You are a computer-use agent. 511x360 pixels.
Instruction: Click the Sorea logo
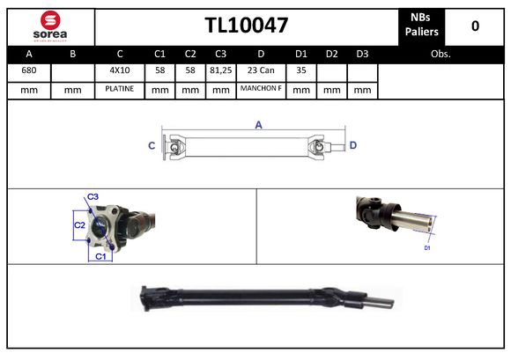pyautogui.click(x=50, y=26)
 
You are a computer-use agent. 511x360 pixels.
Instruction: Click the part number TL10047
pyautogui.click(x=247, y=26)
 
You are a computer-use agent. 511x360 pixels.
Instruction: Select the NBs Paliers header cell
pyautogui.click(x=422, y=26)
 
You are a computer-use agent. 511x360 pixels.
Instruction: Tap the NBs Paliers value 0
pyautogui.click(x=475, y=26)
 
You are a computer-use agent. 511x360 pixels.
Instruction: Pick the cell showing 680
pyautogui.click(x=29, y=70)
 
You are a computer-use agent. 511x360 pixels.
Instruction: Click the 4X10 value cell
pyautogui.click(x=119, y=70)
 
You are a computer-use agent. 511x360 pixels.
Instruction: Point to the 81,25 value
pyautogui.click(x=220, y=70)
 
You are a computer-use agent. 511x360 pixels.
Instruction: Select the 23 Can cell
pyautogui.click(x=261, y=70)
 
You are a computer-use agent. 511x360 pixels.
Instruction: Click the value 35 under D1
pyautogui.click(x=300, y=70)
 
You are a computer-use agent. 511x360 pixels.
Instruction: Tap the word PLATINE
pyautogui.click(x=119, y=89)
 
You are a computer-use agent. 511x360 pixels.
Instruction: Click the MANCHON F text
pyautogui.click(x=261, y=89)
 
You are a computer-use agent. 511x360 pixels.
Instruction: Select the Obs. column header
pyautogui.click(x=441, y=54)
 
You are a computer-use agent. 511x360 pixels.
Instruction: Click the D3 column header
pyautogui.click(x=361, y=54)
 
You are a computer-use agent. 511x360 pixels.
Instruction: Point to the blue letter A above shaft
pyautogui.click(x=259, y=125)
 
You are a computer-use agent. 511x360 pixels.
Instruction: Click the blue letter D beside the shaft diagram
pyautogui.click(x=353, y=145)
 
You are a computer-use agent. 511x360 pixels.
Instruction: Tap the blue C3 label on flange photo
pyautogui.click(x=93, y=196)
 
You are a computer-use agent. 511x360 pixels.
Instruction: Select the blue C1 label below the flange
pyautogui.click(x=100, y=256)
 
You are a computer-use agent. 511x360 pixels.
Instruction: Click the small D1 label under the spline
pyautogui.click(x=427, y=249)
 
